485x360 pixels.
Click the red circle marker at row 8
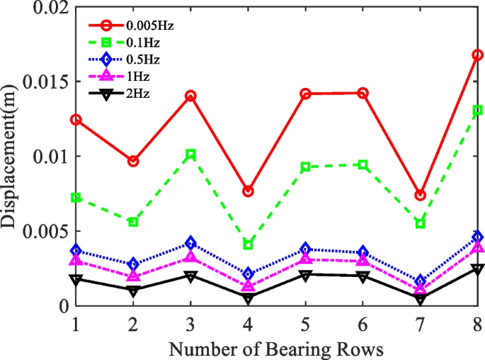coord(478,55)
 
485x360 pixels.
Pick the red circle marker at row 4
coord(248,191)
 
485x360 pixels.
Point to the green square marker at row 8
coord(478,110)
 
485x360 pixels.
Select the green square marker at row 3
coord(190,154)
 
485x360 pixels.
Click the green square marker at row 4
coord(248,244)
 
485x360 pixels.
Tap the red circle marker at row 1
coord(76,120)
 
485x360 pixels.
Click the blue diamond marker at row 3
coord(190,243)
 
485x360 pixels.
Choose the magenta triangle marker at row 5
coord(305,258)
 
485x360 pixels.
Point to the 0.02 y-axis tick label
coord(47,9)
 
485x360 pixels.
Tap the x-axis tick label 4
coord(248,323)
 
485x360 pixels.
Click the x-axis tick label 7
coord(421,323)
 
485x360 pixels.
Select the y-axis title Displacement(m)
coord(12,158)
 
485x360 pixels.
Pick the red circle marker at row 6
coord(363,93)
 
